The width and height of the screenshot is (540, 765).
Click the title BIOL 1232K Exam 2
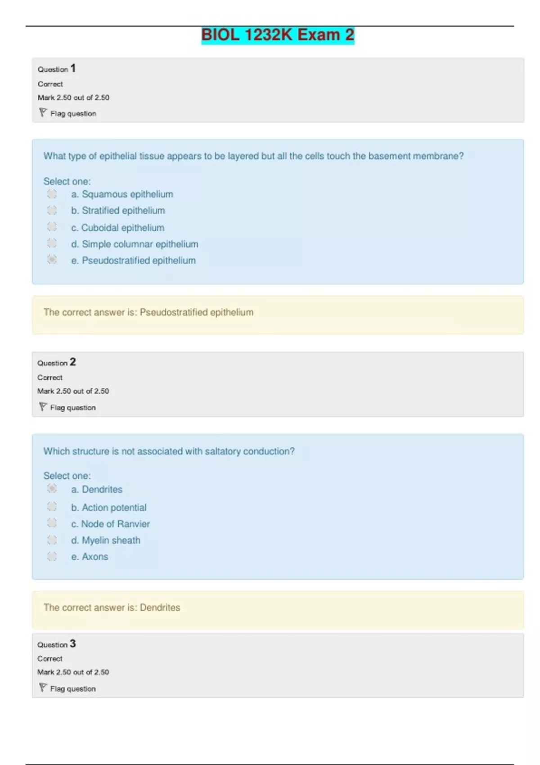pyautogui.click(x=278, y=35)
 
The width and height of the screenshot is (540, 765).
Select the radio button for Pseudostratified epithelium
pyautogui.click(x=52, y=260)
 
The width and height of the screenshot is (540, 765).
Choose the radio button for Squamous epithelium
pyautogui.click(x=52, y=194)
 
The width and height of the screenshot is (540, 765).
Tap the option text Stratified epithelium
pyautogui.click(x=123, y=211)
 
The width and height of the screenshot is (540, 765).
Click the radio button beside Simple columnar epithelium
pyautogui.click(x=52, y=243)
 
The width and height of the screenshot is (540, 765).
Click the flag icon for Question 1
pyautogui.click(x=43, y=112)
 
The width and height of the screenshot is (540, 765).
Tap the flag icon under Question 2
pyautogui.click(x=43, y=407)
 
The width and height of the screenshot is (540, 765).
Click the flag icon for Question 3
pyautogui.click(x=43, y=688)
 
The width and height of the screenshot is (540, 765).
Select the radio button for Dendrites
pyautogui.click(x=52, y=489)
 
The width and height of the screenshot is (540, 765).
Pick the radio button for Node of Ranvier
pyautogui.click(x=52, y=523)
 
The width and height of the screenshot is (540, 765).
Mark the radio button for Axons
pyautogui.click(x=52, y=556)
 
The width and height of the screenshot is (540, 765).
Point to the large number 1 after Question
pyautogui.click(x=73, y=68)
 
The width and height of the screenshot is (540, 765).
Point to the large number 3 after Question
pyautogui.click(x=73, y=643)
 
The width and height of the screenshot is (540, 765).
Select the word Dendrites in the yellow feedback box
pyautogui.click(x=160, y=607)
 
